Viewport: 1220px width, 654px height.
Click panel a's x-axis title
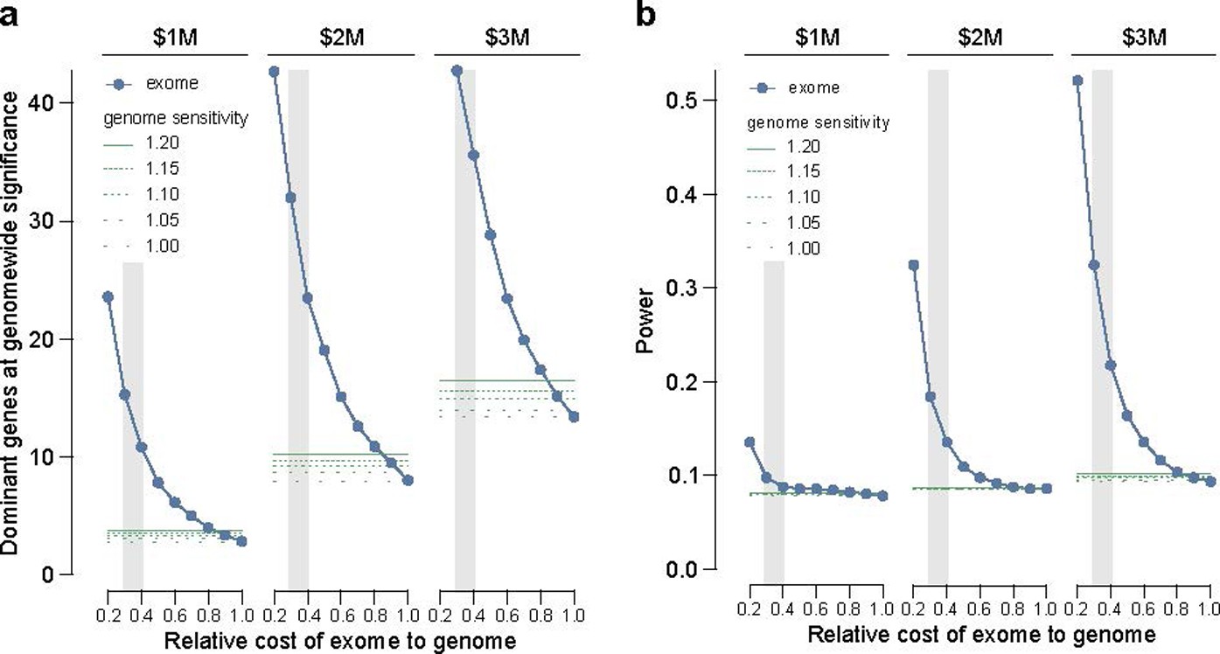339,640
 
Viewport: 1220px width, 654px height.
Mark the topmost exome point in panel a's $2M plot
274,72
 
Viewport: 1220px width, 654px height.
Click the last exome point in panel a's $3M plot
574,417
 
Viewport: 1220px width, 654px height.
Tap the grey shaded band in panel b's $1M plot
774,420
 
